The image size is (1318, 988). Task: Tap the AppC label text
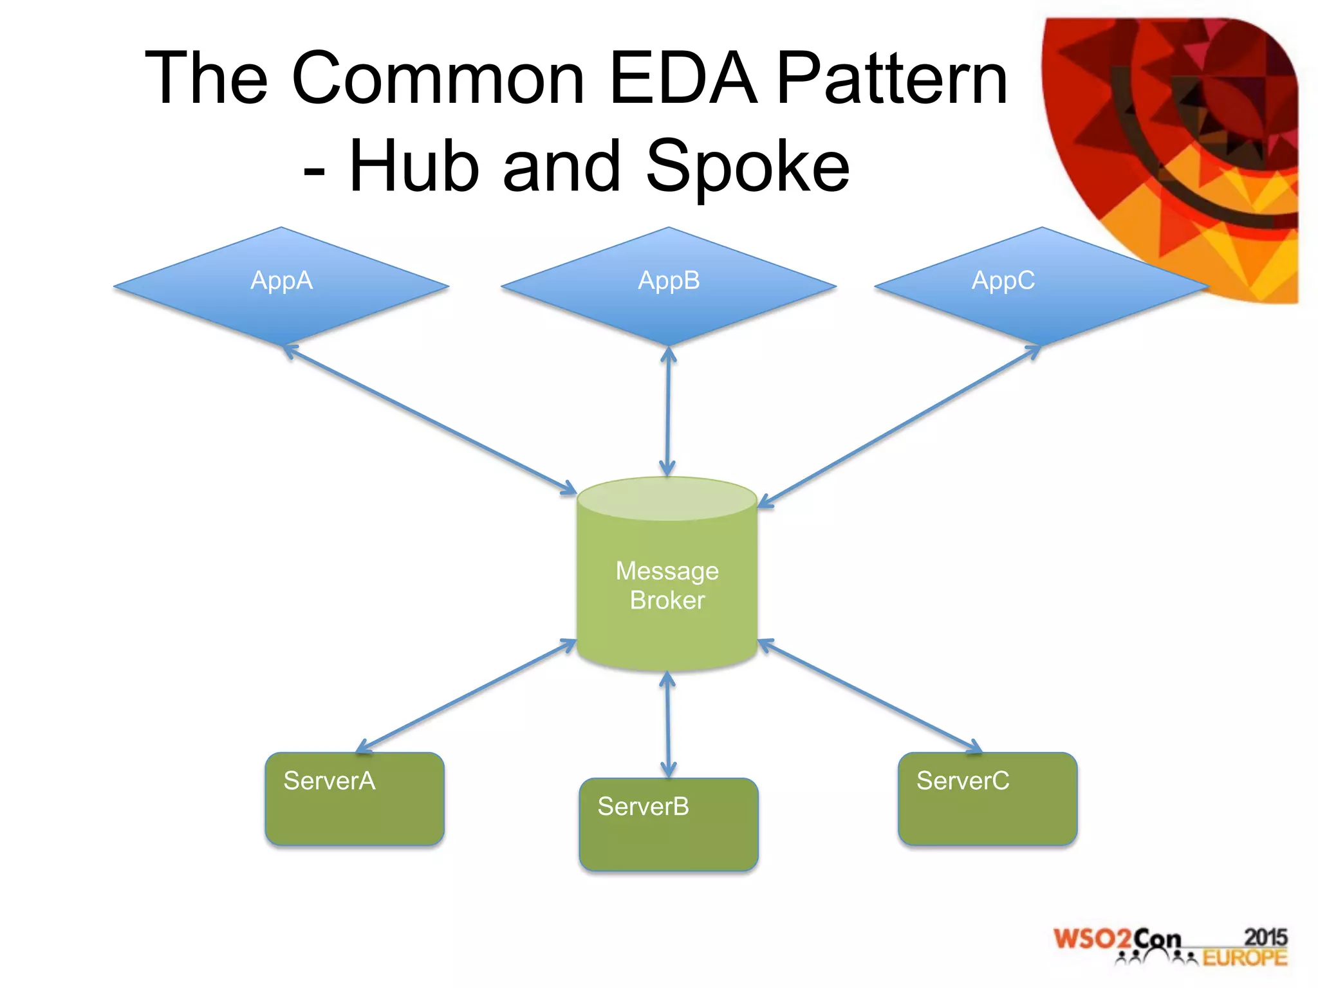(x=1003, y=280)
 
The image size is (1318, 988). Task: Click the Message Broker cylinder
(x=667, y=579)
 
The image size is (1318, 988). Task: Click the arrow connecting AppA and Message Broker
(x=430, y=419)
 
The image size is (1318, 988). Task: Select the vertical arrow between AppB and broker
(x=668, y=412)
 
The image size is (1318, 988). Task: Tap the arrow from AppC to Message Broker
(x=899, y=426)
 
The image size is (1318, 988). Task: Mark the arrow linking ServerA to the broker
(x=466, y=695)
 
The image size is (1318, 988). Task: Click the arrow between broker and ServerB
(x=668, y=724)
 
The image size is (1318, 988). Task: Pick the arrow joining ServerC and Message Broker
(x=870, y=695)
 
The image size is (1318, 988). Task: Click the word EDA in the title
(x=683, y=78)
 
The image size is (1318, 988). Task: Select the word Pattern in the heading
(x=892, y=78)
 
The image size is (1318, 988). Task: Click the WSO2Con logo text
(x=1117, y=939)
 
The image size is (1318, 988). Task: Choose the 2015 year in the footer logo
(x=1265, y=937)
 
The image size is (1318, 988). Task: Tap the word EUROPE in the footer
(x=1245, y=958)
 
